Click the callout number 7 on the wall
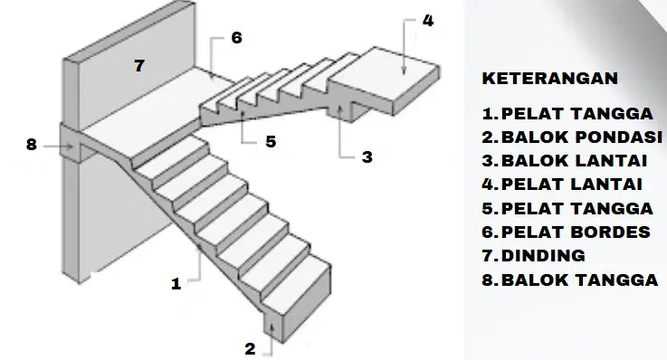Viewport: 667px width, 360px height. pyautogui.click(x=139, y=66)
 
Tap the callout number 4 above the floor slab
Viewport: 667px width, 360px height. pyautogui.click(x=428, y=21)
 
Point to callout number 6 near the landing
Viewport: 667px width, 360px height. pyautogui.click(x=237, y=37)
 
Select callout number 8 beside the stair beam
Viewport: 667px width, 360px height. pyautogui.click(x=32, y=145)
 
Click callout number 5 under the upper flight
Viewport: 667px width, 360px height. pyautogui.click(x=271, y=141)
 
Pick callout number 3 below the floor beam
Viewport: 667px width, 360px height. pyautogui.click(x=367, y=156)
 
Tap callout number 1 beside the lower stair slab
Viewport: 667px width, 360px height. pyautogui.click(x=176, y=283)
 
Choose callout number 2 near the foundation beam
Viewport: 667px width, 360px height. pyautogui.click(x=250, y=349)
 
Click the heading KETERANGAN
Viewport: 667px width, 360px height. pyautogui.click(x=550, y=79)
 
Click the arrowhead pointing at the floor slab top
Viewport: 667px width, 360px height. pyautogui.click(x=404, y=71)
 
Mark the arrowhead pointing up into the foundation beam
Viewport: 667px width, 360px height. pyautogui.click(x=272, y=327)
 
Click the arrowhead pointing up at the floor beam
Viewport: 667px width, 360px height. pyautogui.click(x=339, y=109)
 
